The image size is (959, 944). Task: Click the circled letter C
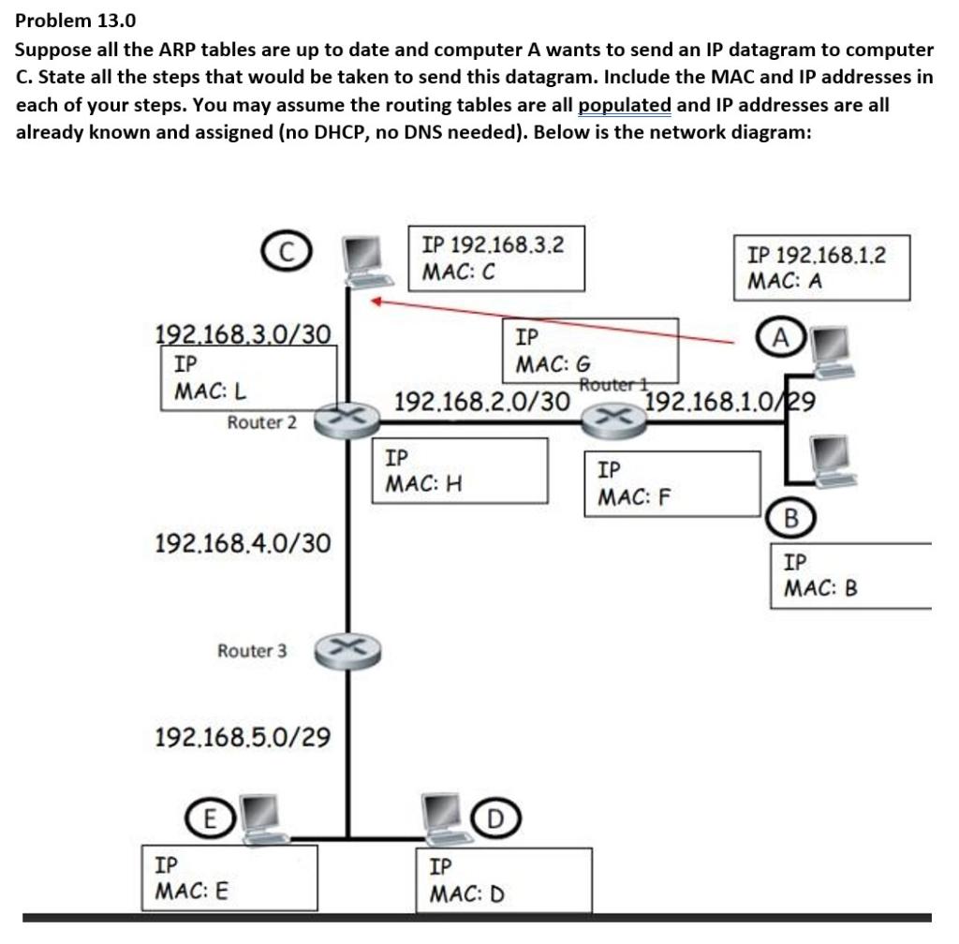(288, 251)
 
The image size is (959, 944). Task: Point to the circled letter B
(791, 518)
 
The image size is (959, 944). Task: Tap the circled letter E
(211, 819)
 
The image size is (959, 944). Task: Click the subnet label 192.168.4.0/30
(241, 542)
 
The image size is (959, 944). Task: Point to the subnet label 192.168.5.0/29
(242, 737)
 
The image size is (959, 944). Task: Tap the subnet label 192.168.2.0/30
(481, 402)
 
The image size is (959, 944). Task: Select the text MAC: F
(635, 496)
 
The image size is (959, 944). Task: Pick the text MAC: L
(211, 390)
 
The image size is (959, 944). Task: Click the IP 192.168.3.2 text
(493, 244)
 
